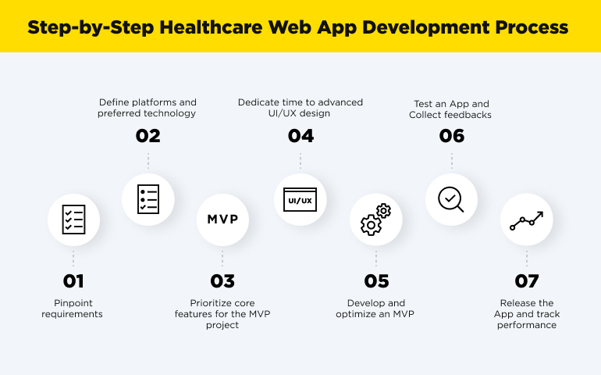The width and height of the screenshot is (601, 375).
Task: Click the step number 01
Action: (73, 281)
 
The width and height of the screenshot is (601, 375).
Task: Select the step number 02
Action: (148, 136)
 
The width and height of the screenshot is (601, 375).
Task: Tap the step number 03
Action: (222, 281)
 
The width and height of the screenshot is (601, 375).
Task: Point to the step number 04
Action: (300, 136)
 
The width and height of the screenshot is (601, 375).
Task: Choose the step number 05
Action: (375, 281)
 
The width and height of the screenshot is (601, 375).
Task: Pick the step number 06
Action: (451, 136)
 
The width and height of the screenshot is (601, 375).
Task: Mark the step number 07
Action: (527, 281)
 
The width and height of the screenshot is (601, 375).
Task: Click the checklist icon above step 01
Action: (73, 220)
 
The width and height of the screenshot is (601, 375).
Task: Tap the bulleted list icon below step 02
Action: (148, 200)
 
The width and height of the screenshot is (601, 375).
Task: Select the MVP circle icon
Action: (222, 220)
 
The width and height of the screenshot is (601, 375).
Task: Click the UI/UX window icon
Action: (300, 200)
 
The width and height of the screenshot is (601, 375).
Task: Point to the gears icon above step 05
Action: (375, 220)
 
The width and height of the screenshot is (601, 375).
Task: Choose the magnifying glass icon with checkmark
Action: (451, 200)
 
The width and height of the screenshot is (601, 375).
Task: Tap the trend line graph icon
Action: (527, 220)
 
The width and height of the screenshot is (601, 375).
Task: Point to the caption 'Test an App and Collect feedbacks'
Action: (450, 109)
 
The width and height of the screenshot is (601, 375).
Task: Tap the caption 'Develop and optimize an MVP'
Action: (375, 309)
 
